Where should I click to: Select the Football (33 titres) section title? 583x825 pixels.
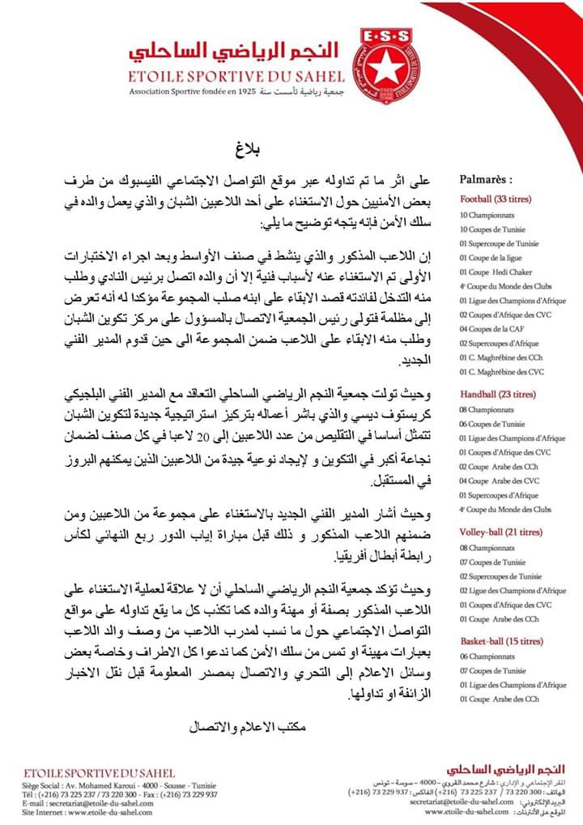tap(496, 199)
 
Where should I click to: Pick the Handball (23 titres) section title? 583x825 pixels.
tap(498, 395)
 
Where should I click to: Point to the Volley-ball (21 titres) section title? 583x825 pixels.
tap(500, 532)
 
